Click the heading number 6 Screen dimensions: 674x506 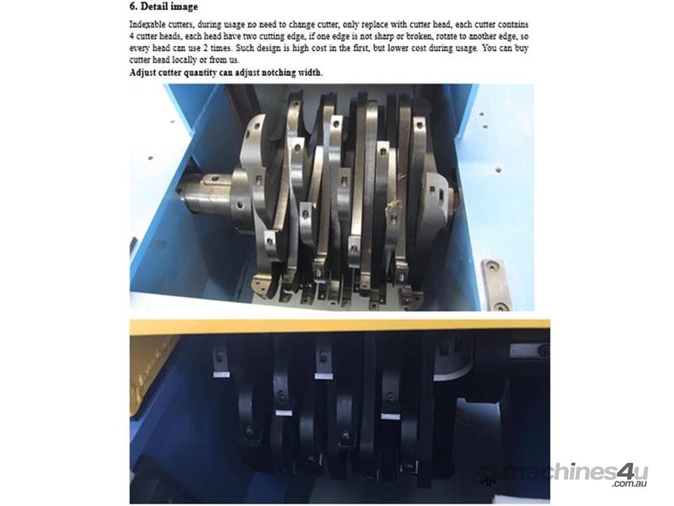[133, 7]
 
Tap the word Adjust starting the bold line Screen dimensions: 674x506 [142, 72]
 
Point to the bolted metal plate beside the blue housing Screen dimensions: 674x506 [496, 285]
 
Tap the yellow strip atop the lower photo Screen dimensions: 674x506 [340, 324]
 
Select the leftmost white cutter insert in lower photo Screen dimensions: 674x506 [220, 374]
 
